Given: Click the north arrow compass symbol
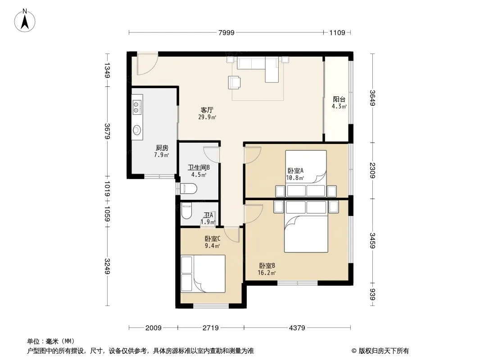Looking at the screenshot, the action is click(25, 20).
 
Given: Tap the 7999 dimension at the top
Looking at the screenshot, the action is click(226, 33).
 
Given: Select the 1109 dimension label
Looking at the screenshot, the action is click(337, 33).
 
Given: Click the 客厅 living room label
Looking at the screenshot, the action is click(207, 110).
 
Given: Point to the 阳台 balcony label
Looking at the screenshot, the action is click(339, 99).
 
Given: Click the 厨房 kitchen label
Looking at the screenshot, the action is click(162, 148).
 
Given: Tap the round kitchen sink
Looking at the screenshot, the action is click(137, 130).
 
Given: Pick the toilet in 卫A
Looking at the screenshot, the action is click(186, 211).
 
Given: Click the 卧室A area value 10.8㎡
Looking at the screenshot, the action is click(295, 178).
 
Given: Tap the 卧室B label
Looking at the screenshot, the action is click(267, 266).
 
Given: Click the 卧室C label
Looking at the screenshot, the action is click(213, 238).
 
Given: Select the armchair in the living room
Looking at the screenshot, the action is click(234, 82).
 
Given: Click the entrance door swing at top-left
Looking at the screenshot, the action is click(148, 64).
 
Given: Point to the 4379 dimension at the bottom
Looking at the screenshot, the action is click(297, 328).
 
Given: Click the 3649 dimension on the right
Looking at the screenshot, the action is click(372, 98).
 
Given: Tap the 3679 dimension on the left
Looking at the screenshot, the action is click(107, 131).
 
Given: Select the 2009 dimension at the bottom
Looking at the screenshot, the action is click(154, 328).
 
